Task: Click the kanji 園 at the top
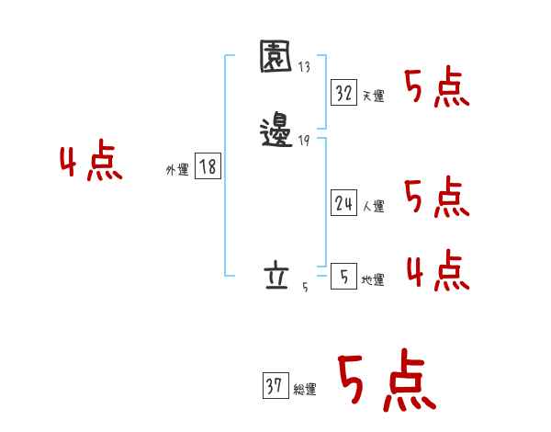276,58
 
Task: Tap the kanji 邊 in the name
276,132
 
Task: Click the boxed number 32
343,93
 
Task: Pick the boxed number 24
343,204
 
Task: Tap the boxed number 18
208,166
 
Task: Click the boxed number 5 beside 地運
343,277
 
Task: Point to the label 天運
373,96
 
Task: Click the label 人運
373,207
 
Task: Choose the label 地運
373,279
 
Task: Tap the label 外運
177,169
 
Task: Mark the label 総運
305,390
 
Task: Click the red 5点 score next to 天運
438,89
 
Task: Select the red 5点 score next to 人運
438,198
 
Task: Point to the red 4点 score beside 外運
92,164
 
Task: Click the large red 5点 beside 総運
386,381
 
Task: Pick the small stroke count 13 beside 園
304,66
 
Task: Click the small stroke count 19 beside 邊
304,141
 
